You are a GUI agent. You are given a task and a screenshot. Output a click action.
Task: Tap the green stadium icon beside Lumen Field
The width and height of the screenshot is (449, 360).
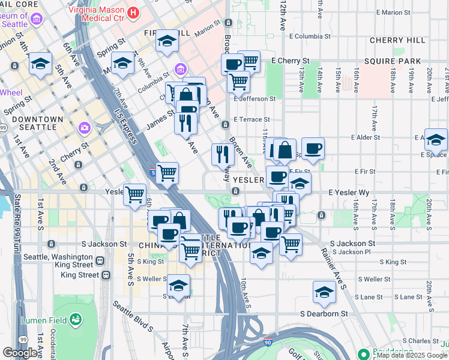[x=76, y=319]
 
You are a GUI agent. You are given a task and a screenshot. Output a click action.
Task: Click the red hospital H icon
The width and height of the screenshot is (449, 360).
[x=133, y=11]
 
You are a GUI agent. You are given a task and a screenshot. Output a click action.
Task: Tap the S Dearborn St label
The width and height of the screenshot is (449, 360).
[x=324, y=314]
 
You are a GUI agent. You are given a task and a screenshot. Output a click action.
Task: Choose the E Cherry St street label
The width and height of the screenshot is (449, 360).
[x=290, y=61]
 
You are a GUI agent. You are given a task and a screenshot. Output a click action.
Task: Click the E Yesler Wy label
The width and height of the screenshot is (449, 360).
[x=348, y=193]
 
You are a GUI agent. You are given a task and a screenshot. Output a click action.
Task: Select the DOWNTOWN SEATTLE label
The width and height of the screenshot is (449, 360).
[x=37, y=123]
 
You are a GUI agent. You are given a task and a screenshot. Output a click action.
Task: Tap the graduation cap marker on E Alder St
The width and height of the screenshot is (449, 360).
[x=436, y=139]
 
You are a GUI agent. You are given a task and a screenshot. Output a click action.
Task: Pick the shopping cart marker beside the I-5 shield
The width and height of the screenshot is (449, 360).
[x=167, y=173]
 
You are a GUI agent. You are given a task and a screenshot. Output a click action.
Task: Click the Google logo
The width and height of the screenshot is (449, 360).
[x=20, y=353]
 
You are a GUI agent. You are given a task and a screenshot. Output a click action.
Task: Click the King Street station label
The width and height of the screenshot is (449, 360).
[x=80, y=275]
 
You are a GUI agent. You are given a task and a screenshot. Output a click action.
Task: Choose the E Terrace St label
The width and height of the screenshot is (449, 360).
[x=252, y=119]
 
